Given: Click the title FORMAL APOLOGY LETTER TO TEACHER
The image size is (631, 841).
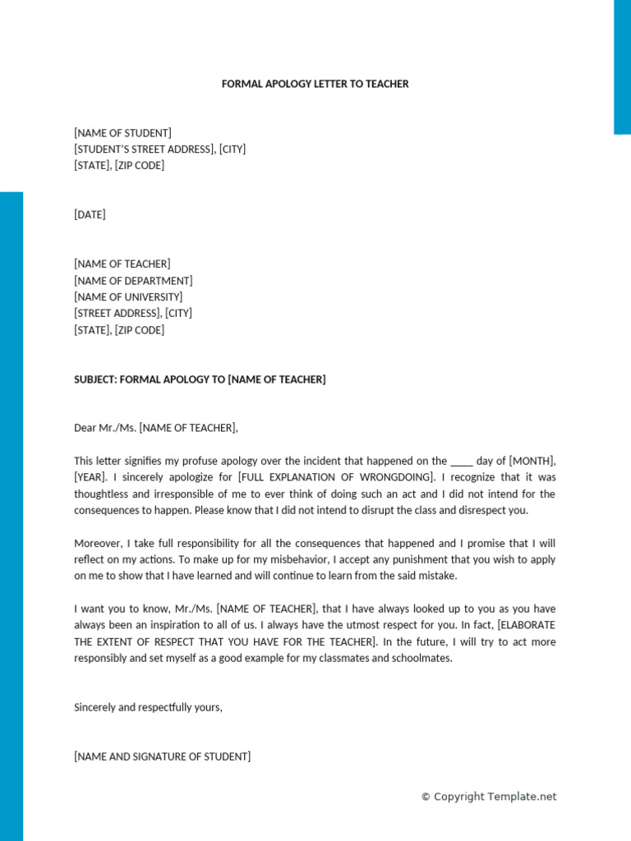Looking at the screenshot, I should point(315,84).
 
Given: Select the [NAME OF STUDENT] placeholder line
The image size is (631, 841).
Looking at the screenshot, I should point(122,133).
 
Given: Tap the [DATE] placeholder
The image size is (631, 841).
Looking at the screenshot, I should point(90,215).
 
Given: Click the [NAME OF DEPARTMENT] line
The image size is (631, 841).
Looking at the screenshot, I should point(133,281).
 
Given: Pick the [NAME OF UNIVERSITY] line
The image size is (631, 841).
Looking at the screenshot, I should point(128,297).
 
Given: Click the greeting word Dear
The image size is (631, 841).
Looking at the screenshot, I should point(85,428).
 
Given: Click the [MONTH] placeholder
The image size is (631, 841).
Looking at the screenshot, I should point(532,462).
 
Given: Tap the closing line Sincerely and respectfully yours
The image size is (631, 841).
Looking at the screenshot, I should point(148,707).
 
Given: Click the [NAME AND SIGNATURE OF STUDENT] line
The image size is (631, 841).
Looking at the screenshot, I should point(162,757).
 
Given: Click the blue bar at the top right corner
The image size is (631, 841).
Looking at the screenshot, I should point(622,66).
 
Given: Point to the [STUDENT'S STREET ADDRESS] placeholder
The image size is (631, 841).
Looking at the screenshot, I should point(145,149).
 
